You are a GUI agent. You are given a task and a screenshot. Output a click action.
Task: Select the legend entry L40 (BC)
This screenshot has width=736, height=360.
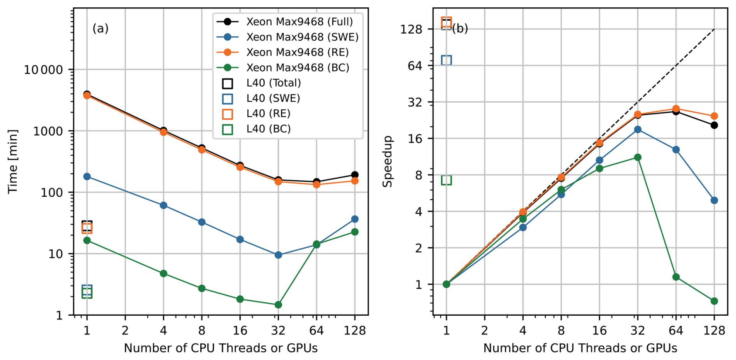pos(268,129)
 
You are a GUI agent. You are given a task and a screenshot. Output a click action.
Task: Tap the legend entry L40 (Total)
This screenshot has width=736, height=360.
pos(273,83)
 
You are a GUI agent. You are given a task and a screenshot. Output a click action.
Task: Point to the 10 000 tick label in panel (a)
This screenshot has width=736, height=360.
pos(43,70)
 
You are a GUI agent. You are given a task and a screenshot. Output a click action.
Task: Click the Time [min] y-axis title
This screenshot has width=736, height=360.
pos(13,161)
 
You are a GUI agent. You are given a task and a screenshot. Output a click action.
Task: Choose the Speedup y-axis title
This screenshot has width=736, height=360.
pos(387,161)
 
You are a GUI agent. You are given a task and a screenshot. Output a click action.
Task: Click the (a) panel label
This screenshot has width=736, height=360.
pos(100,28)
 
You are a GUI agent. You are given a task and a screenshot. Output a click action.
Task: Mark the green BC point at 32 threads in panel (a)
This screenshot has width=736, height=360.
pos(278,305)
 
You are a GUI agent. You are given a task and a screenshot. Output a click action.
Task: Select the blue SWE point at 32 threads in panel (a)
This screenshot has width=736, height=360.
pos(278,255)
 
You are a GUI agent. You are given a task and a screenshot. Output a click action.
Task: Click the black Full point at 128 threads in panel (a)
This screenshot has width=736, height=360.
pos(355,175)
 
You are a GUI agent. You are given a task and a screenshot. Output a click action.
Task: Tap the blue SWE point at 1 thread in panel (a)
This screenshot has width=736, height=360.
pos(87,177)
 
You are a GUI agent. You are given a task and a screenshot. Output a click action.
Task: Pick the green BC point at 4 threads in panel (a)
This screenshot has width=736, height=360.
pos(163,273)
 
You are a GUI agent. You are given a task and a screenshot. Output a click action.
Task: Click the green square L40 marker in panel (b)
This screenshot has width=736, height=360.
pos(446,180)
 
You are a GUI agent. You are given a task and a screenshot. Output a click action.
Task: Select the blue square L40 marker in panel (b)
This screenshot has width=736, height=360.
pos(446,60)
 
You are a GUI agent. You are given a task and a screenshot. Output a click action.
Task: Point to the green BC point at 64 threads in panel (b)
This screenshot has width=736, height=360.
pos(676,277)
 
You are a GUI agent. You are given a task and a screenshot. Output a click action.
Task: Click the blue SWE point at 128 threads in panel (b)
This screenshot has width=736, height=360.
pos(714,200)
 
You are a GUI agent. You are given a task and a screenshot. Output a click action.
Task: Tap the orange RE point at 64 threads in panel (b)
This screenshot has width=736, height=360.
pos(676,109)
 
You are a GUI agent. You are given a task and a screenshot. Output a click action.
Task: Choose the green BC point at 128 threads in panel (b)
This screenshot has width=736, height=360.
pos(714,301)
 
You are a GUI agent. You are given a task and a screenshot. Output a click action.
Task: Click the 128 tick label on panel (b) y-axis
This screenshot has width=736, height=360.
pos(411,29)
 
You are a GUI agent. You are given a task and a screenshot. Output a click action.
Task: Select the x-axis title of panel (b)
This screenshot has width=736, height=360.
pos(580,348)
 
